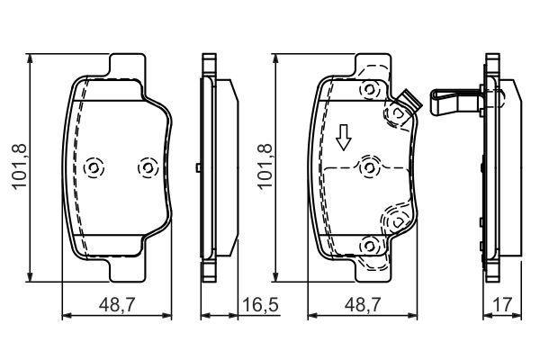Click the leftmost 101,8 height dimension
(x=19, y=167)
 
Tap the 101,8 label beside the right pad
(x=265, y=167)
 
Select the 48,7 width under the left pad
(x=117, y=305)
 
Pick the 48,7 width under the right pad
(x=363, y=305)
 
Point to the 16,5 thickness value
(x=260, y=305)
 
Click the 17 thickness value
(x=503, y=305)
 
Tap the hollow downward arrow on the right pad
(x=344, y=138)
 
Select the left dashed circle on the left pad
(x=94, y=168)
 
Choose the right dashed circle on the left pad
(x=148, y=168)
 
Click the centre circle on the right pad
(x=370, y=167)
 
